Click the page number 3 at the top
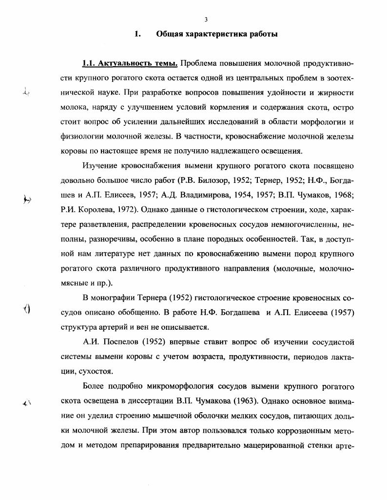(206, 20)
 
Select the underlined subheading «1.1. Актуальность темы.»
(130, 64)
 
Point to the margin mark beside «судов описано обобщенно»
(27, 309)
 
